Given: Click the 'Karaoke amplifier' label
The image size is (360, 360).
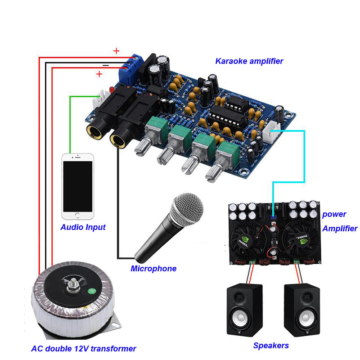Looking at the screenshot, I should point(249,61).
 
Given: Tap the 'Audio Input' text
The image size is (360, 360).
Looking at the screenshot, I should point(83,227).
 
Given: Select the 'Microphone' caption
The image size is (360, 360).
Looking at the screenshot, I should point(153,269).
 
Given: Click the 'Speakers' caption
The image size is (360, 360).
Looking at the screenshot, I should point(270,346).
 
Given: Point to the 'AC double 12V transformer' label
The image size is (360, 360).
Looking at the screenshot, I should point(83,348).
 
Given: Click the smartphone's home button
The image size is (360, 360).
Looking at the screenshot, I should point(78,216).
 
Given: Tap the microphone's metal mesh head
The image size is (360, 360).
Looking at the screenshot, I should point(186,210).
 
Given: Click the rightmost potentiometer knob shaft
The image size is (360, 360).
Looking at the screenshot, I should point(211,173).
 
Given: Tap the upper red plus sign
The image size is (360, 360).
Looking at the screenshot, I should point(116,51).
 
